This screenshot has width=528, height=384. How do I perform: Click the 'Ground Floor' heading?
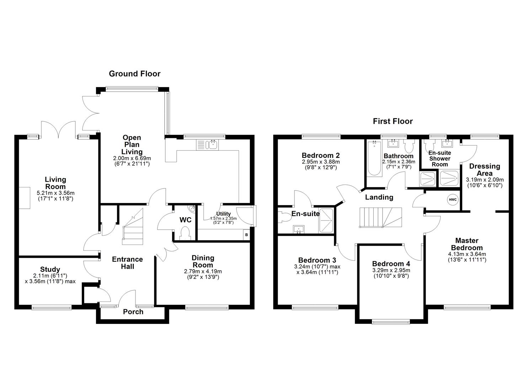click(x=134, y=74)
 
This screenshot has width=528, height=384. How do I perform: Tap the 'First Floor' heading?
click(x=393, y=121)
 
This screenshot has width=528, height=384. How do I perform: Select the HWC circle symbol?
click(x=453, y=199)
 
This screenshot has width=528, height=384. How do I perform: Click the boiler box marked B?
click(x=246, y=235)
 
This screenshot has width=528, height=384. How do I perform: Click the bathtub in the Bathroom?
click(x=374, y=158)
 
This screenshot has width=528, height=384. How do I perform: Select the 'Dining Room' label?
click(x=203, y=261)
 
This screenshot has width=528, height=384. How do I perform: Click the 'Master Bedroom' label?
click(x=466, y=244)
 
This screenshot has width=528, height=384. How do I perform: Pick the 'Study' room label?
click(x=50, y=270)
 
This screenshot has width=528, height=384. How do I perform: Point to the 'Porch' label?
click(x=133, y=312)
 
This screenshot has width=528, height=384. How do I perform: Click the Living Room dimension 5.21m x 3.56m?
click(x=55, y=193)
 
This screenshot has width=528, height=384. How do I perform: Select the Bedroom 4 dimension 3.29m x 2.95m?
click(x=391, y=270)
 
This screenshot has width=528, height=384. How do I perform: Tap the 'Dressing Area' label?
click(x=484, y=170)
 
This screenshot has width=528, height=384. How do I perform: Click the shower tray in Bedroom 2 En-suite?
click(x=326, y=220)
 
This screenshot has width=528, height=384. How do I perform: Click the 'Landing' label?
click(x=379, y=197)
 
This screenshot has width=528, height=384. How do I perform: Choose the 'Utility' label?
click(x=223, y=214)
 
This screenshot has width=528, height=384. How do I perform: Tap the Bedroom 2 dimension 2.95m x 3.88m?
click(x=320, y=162)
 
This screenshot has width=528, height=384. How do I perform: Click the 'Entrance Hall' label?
click(x=127, y=263)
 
